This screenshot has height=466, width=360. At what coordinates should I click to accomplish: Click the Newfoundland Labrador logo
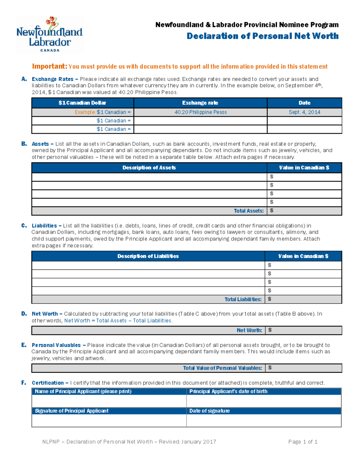point(49,35)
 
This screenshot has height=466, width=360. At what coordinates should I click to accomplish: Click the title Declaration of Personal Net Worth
point(262,36)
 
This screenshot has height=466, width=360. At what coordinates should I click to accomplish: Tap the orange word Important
point(49,66)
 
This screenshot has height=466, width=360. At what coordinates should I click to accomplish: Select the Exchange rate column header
point(200,103)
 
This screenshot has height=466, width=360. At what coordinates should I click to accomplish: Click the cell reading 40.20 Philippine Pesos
point(200,112)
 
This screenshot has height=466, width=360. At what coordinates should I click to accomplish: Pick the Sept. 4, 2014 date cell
point(304,112)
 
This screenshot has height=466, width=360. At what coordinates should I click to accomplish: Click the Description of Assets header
point(149,168)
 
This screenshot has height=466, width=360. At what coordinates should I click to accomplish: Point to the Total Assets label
point(249,211)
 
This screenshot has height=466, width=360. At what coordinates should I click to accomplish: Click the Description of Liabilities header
point(148,256)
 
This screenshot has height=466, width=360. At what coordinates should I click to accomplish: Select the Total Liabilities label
point(243,299)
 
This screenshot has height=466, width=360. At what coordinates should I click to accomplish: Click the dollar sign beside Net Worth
point(270,330)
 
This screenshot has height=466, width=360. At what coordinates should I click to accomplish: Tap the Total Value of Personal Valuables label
point(222,368)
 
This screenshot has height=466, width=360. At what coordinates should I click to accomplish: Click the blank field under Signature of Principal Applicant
point(109,420)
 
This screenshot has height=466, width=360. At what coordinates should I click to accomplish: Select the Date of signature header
point(209,411)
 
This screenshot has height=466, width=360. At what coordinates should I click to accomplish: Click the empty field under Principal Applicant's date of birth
point(263,401)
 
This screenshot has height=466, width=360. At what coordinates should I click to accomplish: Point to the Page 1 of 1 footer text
point(303,442)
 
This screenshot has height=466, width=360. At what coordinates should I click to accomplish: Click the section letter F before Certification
point(23,383)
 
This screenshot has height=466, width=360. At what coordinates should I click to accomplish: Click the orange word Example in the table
point(85,112)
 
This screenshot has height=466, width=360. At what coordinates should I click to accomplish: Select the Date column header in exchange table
point(304,103)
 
